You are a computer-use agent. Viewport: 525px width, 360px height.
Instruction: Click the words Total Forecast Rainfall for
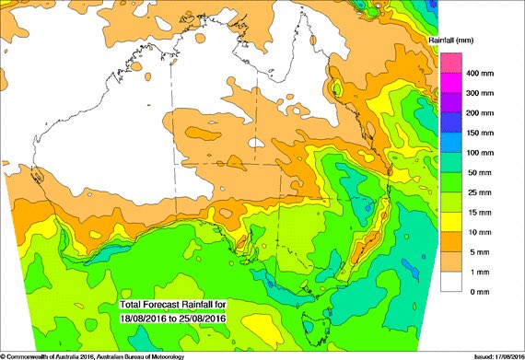(x=172, y=304)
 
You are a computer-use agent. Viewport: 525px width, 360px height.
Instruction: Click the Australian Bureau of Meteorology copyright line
(x=92, y=355)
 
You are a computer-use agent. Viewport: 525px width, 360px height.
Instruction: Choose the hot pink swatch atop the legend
(x=450, y=63)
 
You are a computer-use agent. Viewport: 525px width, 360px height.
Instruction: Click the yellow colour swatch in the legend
(x=450, y=222)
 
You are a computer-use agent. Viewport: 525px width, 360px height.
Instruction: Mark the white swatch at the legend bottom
(x=450, y=281)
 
